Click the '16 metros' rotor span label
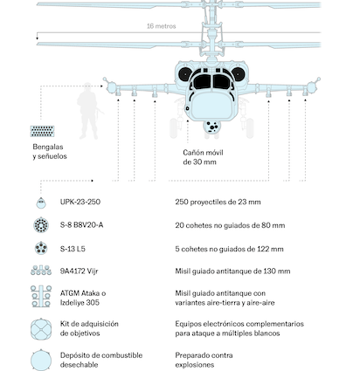161,26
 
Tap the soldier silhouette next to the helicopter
88,111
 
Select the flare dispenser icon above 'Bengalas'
42,131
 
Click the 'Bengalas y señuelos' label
50,152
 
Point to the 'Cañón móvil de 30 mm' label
203,157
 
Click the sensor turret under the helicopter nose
211,127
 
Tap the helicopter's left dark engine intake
185,74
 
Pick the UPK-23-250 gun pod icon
41,203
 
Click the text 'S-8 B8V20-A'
81,225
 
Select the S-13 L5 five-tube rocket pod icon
41,249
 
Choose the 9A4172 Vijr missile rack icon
41,271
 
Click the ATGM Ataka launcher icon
41,296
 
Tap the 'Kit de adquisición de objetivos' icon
41,329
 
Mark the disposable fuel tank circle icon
41,361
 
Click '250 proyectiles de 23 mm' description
218,202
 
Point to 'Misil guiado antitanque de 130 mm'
232,271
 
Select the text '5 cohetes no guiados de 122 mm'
229,249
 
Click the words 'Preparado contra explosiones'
204,360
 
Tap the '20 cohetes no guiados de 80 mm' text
230,225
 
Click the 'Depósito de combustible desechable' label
101,360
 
